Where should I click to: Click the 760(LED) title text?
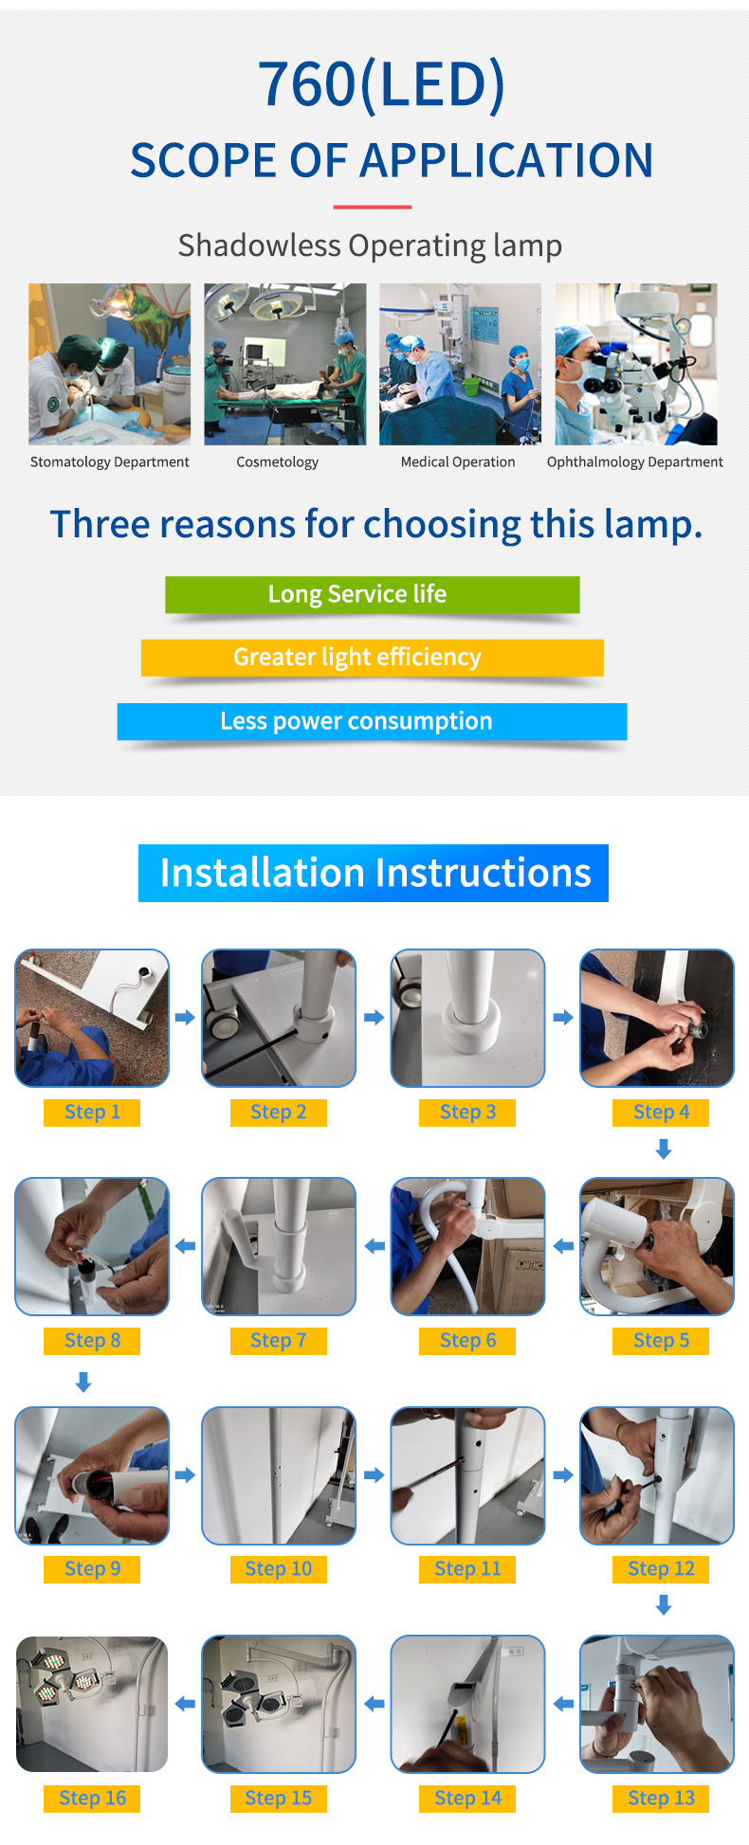[x=381, y=84]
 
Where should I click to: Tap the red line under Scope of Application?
[x=372, y=207]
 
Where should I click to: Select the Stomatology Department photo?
[x=109, y=364]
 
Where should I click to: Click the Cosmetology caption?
[x=278, y=462]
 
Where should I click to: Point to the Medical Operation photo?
[x=460, y=364]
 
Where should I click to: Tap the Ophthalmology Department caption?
[x=634, y=462]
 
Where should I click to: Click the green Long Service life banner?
[x=373, y=594]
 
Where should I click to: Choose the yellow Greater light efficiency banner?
[x=373, y=658]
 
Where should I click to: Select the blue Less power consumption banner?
[x=373, y=721]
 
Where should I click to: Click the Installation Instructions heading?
[x=374, y=873]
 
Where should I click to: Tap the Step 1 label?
[x=92, y=1112]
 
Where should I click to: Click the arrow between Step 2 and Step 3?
[x=374, y=1018]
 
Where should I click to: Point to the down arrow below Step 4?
[x=664, y=1149]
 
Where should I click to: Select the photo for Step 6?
[x=468, y=1246]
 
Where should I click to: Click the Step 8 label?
[x=92, y=1341]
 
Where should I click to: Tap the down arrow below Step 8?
[x=83, y=1384]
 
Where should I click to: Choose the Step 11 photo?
[x=468, y=1475]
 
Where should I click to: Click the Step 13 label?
[x=662, y=1799]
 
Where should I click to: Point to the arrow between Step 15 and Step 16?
[x=186, y=1704]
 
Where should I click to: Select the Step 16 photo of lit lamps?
[x=92, y=1704]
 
